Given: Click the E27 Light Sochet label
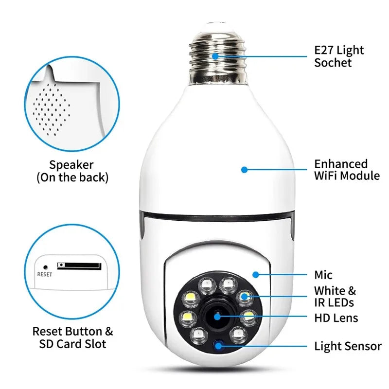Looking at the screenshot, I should point(338,56).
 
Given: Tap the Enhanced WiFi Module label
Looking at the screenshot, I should point(347,170).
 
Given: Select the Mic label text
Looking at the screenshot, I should point(323,276).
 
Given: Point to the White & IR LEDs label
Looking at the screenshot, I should point(335,297).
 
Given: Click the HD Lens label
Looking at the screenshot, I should point(336,318).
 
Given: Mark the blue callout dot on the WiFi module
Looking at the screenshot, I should point(245,170).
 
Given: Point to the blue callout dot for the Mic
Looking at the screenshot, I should point(255,275).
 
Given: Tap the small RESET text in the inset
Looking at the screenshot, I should point(44,274).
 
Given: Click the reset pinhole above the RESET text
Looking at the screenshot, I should point(45,267).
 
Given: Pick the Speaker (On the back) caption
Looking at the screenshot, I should point(72,171).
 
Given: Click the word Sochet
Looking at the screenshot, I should point(333,63).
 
